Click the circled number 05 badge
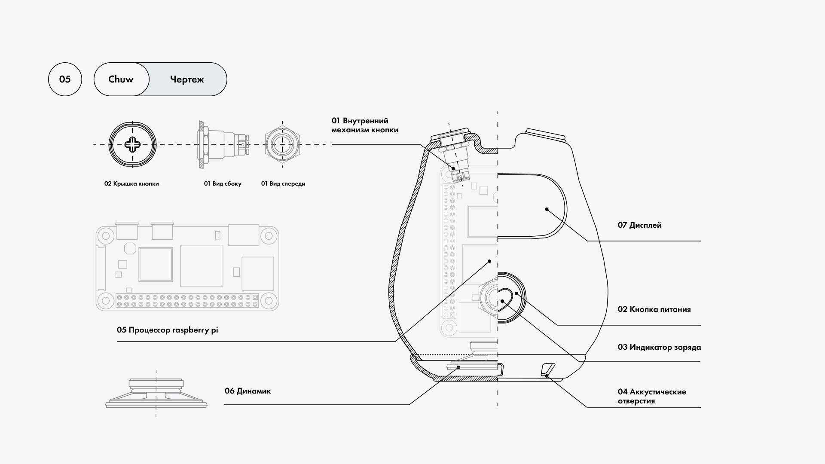point(65,79)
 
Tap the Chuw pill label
point(121,79)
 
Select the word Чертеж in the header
point(187,79)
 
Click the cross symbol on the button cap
point(132,144)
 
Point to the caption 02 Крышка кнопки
point(131,184)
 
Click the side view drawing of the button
point(223,144)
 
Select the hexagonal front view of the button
point(282,144)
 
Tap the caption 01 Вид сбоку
point(223,184)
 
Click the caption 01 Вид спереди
point(283,184)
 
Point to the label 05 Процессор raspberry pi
point(168,330)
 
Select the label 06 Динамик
point(247,391)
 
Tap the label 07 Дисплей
point(639,225)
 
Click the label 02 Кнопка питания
point(654,309)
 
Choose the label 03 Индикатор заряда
point(659,347)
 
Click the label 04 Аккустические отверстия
point(651,396)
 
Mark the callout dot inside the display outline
point(547,209)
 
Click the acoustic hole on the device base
point(547,369)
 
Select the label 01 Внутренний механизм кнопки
point(365,125)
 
